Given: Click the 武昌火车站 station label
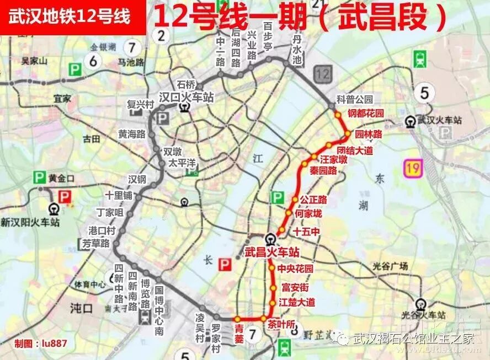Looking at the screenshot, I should pyautogui.click(x=271, y=252).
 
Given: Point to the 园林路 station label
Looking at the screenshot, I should pyautogui.click(x=368, y=134).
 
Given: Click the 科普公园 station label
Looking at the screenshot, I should pyautogui.click(x=355, y=99).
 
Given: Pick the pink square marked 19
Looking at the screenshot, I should pyautogui.click(x=412, y=167).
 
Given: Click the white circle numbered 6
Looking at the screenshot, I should pyautogui.click(x=93, y=61).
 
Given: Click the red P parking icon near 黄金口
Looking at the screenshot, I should pyautogui.click(x=65, y=196).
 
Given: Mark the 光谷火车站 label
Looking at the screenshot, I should pyautogui.click(x=423, y=315).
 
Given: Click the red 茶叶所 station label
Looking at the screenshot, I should pyautogui.click(x=280, y=325).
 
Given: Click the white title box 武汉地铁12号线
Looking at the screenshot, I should pyautogui.click(x=70, y=17).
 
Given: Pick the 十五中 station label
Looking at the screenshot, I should pyautogui.click(x=306, y=232).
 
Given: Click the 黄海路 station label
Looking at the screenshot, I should pyautogui.click(x=131, y=133).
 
